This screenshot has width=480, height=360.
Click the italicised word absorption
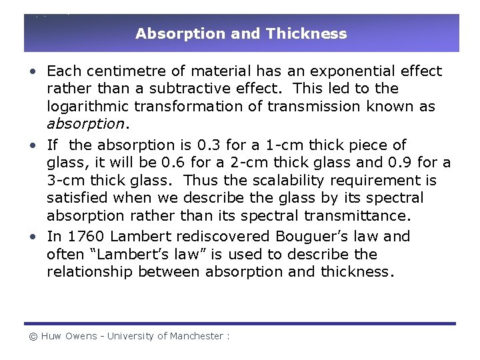[x=85, y=125]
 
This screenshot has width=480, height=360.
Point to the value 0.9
[x=401, y=163]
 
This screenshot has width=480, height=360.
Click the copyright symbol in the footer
[x=32, y=337]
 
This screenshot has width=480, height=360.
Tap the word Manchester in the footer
[x=199, y=337]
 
